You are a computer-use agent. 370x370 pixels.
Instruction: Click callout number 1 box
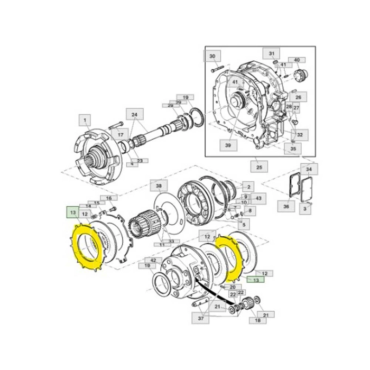[84, 120]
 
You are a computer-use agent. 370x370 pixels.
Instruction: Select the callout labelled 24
[134, 114]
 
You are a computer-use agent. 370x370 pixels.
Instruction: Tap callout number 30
[212, 57]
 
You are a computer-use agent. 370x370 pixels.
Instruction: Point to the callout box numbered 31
[271, 54]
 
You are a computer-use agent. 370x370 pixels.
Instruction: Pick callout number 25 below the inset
[259, 168]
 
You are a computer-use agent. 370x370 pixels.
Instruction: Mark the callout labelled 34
[310, 169]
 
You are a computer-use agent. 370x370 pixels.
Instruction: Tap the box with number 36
[286, 206]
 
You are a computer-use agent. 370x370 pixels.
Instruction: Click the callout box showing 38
[158, 186]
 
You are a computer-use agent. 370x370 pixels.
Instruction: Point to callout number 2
[247, 187]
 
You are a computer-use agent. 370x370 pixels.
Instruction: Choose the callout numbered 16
[108, 198]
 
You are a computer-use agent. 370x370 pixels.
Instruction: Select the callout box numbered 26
[298, 97]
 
